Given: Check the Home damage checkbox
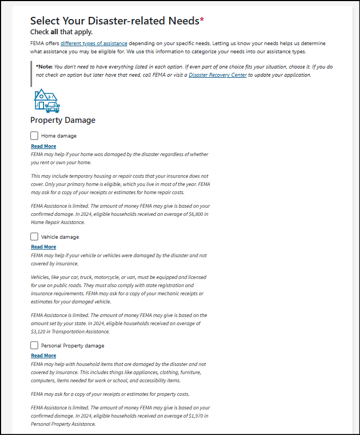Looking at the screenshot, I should tap(35, 135).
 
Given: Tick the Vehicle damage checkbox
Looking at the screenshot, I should tap(35, 237).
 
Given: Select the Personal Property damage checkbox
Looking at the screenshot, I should tap(35, 345).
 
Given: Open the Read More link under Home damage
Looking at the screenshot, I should tap(44, 146).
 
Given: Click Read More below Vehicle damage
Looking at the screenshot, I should tap(44, 247).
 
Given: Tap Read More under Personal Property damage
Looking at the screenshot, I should tap(44, 356).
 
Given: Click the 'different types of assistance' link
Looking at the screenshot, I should tap(94, 43).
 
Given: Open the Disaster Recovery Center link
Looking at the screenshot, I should tap(217, 75).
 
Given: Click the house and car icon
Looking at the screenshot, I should tap(47, 101).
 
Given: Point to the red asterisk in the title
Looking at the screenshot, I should tap(202, 20).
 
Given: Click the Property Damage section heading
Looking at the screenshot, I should tap(63, 120).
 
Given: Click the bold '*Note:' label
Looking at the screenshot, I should tap(44, 66).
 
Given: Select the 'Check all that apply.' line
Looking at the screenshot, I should tap(61, 32).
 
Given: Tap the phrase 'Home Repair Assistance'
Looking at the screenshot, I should tap(57, 222).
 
